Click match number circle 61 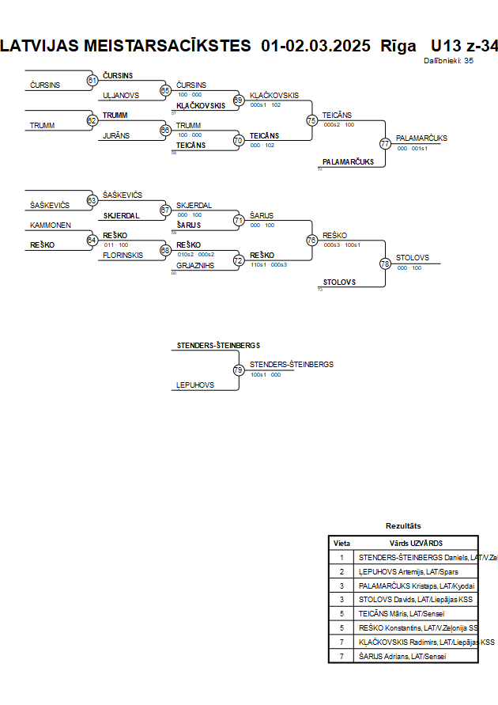[x=92, y=80]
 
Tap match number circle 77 [x=385, y=144]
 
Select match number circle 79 [x=238, y=370]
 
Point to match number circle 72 [x=238, y=260]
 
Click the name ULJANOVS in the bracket [x=121, y=95]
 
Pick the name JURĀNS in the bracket [x=115, y=136]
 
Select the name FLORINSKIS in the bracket [x=123, y=256]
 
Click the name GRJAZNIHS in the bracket [x=194, y=266]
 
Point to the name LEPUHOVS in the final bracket [x=195, y=385]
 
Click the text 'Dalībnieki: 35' [x=448, y=60]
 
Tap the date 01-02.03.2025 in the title [x=315, y=46]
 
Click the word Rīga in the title [x=398, y=46]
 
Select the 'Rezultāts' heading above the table [x=403, y=525]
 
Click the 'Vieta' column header [x=341, y=544]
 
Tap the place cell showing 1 [x=341, y=557]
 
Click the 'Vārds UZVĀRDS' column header [x=416, y=544]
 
